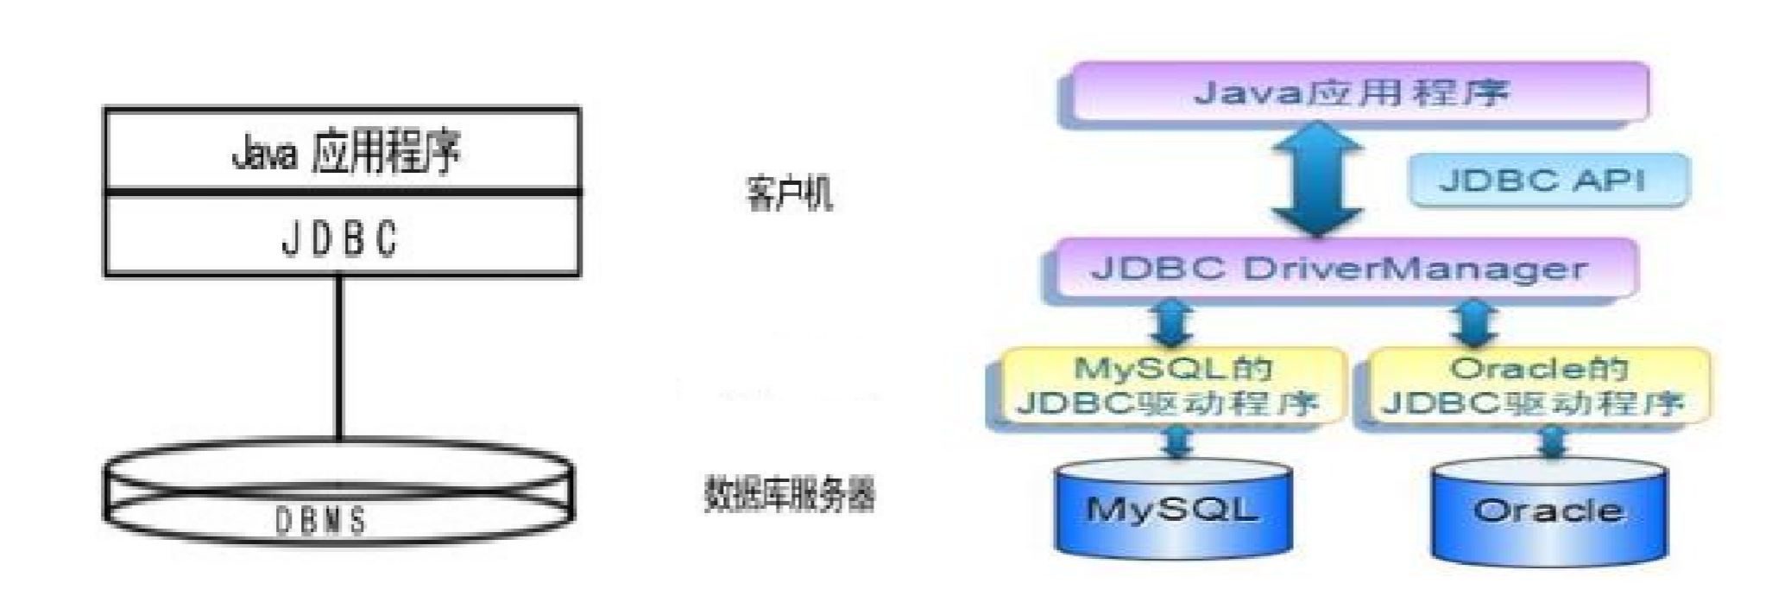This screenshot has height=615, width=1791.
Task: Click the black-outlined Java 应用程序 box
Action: coord(342,149)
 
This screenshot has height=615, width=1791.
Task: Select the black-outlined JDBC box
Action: coord(342,235)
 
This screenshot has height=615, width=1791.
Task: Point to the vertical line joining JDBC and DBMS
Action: coord(339,358)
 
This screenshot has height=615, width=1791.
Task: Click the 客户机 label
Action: coord(789,192)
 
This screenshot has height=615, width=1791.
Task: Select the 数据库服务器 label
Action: coord(789,494)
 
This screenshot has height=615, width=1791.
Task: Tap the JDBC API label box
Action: coord(1547,181)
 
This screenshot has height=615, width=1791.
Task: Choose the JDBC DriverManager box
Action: coord(1340,269)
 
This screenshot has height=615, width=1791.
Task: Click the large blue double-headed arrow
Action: coord(1317,180)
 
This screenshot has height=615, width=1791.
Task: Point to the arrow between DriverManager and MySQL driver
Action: coord(1172,324)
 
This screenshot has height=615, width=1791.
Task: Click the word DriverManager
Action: coord(1416,269)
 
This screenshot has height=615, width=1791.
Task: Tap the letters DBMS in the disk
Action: coord(321,520)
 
